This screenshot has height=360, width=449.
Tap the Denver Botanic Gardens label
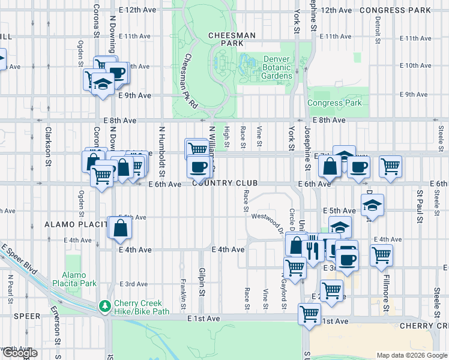click(x=277, y=67)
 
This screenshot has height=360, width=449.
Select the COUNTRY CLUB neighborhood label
click(x=225, y=183)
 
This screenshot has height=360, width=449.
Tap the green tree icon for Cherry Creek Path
click(x=106, y=305)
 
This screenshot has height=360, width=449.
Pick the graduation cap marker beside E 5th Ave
click(x=373, y=205)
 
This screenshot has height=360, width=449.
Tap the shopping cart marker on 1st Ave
click(x=310, y=313)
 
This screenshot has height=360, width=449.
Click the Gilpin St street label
click(x=202, y=281)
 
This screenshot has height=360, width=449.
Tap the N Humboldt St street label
click(x=161, y=148)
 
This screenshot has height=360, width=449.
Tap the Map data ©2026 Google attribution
click(x=411, y=355)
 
